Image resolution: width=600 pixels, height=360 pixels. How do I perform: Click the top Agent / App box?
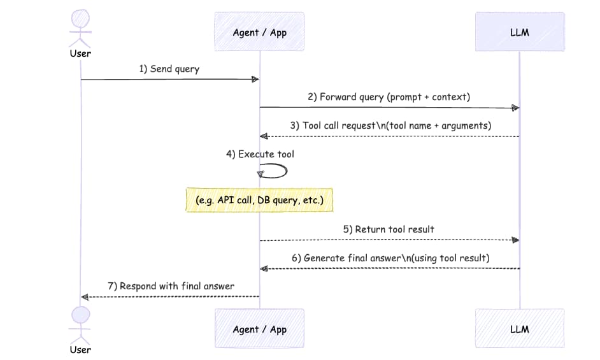pos(260,32)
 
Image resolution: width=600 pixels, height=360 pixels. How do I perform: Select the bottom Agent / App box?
pos(260,329)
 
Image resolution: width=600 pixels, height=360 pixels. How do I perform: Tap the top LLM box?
pos(520,32)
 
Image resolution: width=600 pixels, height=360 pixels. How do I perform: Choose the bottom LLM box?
pos(520,329)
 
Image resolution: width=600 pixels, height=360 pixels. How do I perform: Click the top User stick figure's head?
pos(81,18)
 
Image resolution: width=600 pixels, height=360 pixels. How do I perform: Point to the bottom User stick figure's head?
pos(81,314)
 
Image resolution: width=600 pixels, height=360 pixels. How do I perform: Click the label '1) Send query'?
pos(169,69)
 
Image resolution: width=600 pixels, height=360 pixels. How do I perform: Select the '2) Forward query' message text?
pos(389,97)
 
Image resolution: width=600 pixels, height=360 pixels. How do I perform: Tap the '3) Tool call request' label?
pos(390,126)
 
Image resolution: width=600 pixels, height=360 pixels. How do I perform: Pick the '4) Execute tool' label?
pos(260,154)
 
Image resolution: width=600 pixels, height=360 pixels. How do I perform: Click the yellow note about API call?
pos(260,200)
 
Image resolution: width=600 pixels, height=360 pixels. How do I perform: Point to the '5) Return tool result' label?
pos(389,229)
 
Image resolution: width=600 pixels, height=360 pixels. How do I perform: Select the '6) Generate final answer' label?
pos(389,258)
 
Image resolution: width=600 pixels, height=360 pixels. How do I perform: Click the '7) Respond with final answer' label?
pos(171,286)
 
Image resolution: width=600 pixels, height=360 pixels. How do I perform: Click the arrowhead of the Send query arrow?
pos(255,80)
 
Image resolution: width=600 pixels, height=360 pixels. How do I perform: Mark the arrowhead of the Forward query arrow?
pos(515,108)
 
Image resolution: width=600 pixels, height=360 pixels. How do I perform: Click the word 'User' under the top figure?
pos(80,53)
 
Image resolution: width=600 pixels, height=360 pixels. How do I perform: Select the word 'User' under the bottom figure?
pos(80,349)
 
